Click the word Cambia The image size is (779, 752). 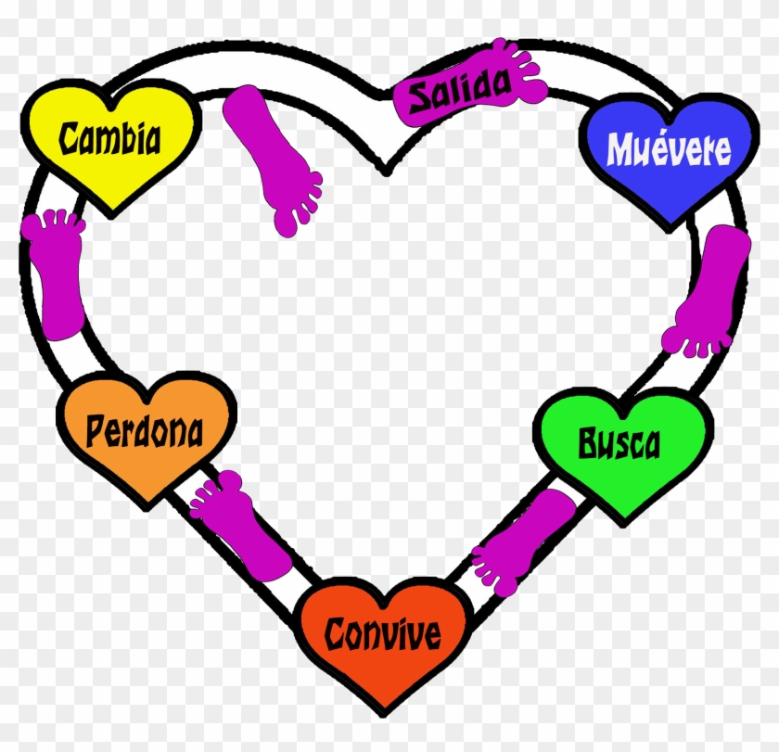click(110, 138)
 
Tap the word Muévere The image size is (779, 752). click(669, 148)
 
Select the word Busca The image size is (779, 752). click(619, 443)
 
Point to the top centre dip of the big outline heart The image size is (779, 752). click(387, 169)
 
